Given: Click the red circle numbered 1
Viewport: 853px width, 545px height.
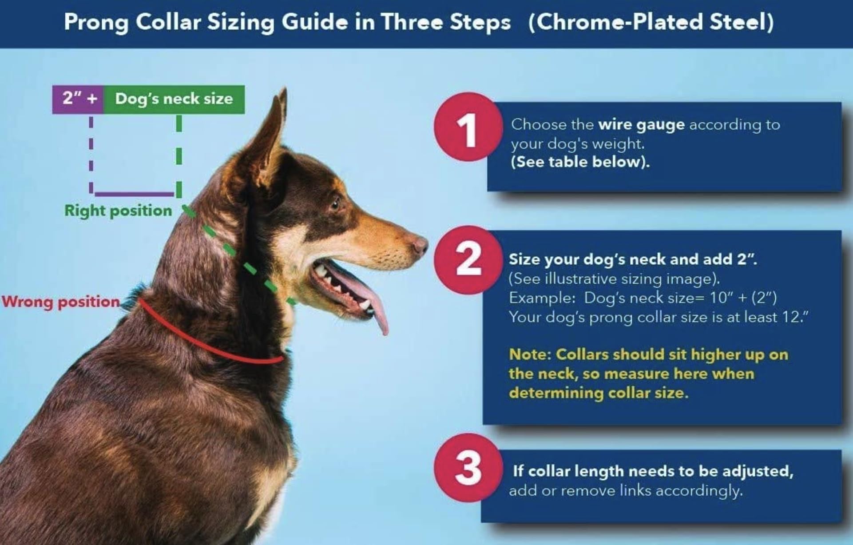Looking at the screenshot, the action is [468, 128].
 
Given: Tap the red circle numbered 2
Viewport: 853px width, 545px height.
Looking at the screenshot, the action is [468, 261].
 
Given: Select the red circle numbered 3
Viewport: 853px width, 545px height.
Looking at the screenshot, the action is [468, 468].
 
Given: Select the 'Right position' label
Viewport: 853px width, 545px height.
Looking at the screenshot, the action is [118, 211].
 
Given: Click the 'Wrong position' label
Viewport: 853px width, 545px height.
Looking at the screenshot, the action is [61, 302].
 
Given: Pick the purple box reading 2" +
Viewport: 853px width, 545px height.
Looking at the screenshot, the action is [78, 99].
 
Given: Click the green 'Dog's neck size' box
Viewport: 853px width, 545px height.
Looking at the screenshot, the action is [174, 99].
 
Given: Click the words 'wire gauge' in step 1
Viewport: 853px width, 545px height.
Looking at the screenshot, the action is [641, 125].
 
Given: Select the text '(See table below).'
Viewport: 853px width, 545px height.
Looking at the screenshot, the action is [580, 162].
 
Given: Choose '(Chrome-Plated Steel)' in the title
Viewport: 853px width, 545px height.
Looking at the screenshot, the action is [651, 23].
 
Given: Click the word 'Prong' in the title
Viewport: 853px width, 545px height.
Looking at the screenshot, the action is [96, 23].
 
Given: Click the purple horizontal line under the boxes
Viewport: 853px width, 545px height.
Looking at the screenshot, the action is [134, 194].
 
